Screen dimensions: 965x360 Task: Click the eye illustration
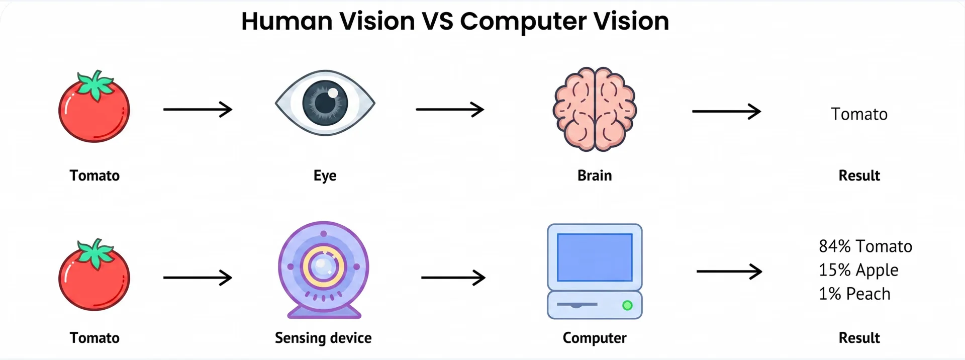tap(325, 103)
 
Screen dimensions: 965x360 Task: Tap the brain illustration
tap(595, 109)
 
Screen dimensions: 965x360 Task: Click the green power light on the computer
tap(627, 305)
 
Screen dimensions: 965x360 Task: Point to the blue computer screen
tap(595, 257)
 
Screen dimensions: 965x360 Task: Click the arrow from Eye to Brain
tap(450, 109)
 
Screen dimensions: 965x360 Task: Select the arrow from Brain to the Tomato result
tap(726, 111)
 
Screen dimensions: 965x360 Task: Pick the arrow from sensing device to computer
tap(453, 277)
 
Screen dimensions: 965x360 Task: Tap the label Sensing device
tap(323, 338)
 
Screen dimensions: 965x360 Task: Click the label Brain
tap(595, 175)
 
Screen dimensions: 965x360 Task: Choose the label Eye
tap(325, 176)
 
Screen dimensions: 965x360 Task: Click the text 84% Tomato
tap(865, 246)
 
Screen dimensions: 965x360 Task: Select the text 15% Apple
tap(858, 271)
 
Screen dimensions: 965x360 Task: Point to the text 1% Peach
tap(854, 294)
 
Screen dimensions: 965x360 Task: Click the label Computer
tap(595, 338)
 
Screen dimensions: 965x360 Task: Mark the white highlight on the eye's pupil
tap(333, 93)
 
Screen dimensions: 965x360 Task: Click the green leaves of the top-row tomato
tap(95, 84)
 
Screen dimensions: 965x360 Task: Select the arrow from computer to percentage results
tap(729, 272)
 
